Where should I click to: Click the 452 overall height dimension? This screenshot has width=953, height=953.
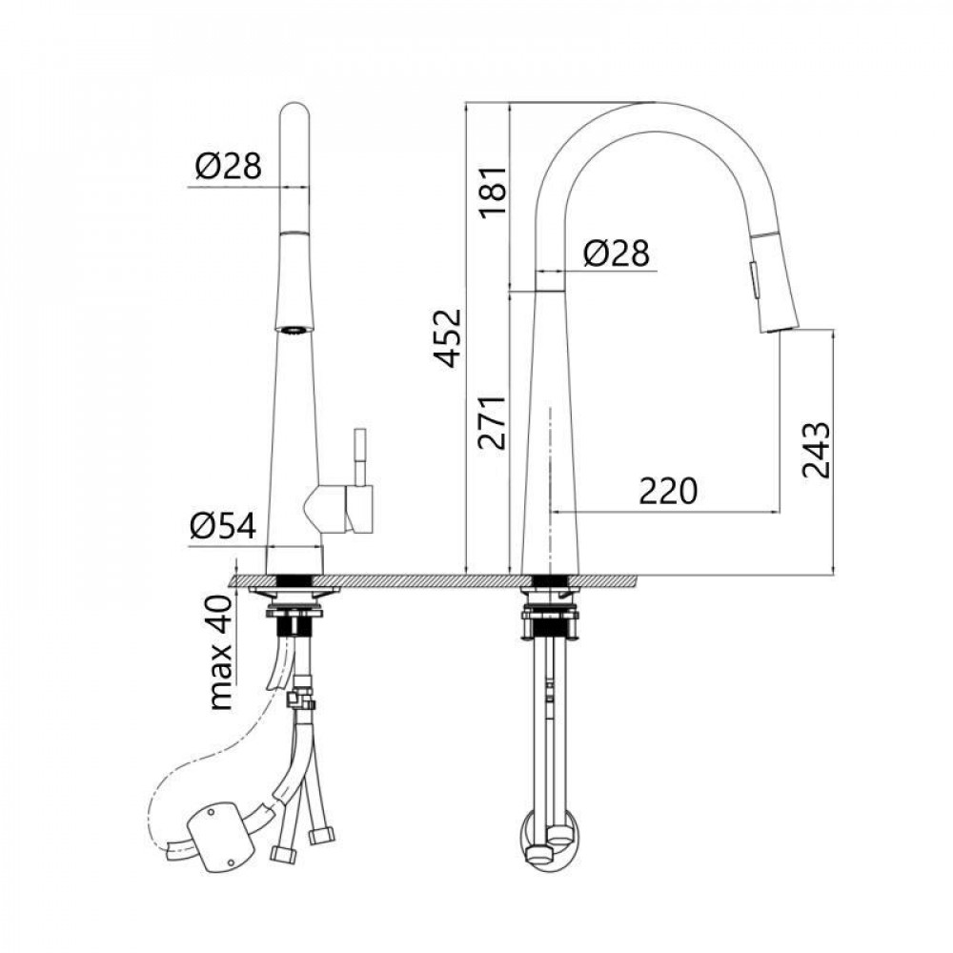tap(449, 338)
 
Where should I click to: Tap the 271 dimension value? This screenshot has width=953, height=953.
tap(493, 422)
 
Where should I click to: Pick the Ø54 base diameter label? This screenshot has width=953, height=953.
tap(222, 525)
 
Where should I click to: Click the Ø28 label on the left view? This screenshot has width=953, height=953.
tap(229, 165)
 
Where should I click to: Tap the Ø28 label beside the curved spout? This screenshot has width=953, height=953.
tap(617, 253)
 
